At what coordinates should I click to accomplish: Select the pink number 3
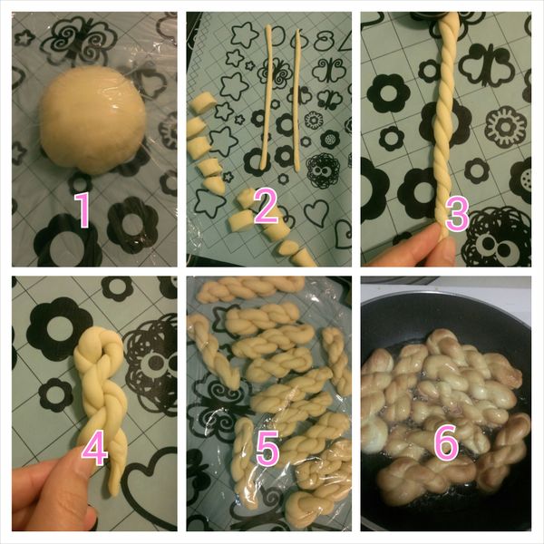pyautogui.click(x=455, y=215)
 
